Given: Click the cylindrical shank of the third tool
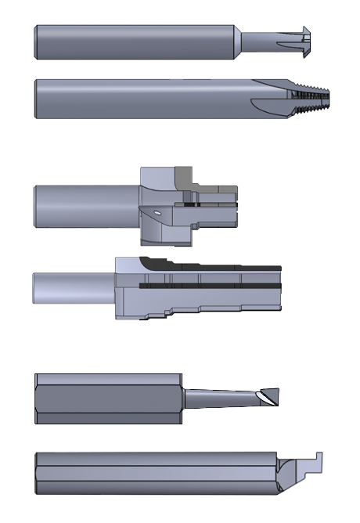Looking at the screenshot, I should (x=86, y=207).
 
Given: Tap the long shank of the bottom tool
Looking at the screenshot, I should (x=157, y=473).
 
